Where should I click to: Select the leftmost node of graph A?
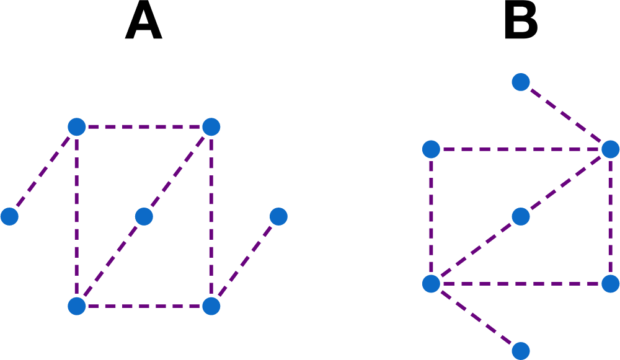[9, 216]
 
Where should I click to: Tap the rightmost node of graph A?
[278, 216]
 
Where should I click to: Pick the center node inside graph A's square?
[144, 216]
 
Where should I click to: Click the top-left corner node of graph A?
[77, 127]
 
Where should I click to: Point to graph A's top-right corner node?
[211, 127]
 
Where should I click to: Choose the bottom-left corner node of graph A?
[77, 306]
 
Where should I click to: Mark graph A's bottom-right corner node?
[211, 306]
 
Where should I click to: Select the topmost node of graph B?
[521, 82]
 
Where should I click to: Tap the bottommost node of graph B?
[521, 351]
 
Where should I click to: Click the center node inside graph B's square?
[521, 216]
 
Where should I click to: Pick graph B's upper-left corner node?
[431, 149]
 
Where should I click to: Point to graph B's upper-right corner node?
[611, 149]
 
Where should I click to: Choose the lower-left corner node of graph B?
[431, 284]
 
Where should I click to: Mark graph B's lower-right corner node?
[611, 284]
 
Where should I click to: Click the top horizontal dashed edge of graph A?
[144, 127]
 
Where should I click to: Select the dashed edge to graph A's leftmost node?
[43, 172]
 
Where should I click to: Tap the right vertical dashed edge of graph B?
[611, 216]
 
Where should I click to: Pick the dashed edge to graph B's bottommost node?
[476, 317]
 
